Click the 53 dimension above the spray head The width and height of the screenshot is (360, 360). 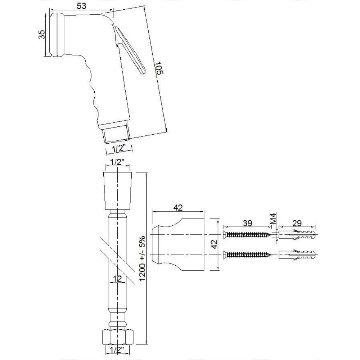pos(81,6)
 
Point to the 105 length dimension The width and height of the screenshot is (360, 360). pos(159,68)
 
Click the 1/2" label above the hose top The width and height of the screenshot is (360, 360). pos(117,162)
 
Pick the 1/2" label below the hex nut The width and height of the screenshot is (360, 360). pos(117,350)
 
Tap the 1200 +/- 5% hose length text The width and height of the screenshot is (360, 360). pos(142,258)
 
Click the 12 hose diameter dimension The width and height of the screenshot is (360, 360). pos(117,279)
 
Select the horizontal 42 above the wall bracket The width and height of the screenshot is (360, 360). pos(178,207)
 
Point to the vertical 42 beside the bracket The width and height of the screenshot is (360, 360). pos(214,244)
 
